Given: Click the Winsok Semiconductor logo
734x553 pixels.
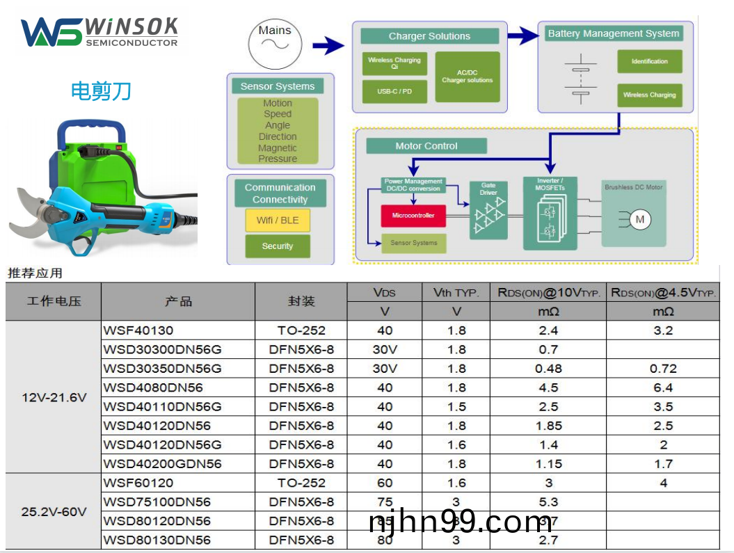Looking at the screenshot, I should [x=99, y=32].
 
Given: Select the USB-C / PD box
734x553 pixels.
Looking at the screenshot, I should [x=394, y=91].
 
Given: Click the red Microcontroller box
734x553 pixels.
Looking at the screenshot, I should [x=413, y=216].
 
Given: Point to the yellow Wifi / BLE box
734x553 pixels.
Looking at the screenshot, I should [x=278, y=221].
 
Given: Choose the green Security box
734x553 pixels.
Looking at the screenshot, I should [x=278, y=246].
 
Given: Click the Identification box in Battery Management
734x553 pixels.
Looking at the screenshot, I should [x=649, y=61].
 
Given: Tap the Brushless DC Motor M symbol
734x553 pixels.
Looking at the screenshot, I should [x=640, y=220].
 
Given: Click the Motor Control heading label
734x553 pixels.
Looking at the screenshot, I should [x=426, y=146].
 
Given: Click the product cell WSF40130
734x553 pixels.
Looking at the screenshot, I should [x=138, y=330].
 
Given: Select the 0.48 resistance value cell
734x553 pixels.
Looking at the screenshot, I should [x=548, y=369].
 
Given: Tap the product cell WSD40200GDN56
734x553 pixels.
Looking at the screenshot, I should [x=163, y=464].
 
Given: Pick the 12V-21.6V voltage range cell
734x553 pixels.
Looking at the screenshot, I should [x=54, y=397].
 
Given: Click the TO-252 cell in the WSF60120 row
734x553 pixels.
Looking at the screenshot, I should [x=301, y=483].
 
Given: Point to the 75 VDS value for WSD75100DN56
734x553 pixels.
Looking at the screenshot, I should [x=385, y=502].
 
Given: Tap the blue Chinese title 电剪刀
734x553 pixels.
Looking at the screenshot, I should [x=101, y=91].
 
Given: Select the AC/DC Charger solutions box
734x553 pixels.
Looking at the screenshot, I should [x=467, y=77].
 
